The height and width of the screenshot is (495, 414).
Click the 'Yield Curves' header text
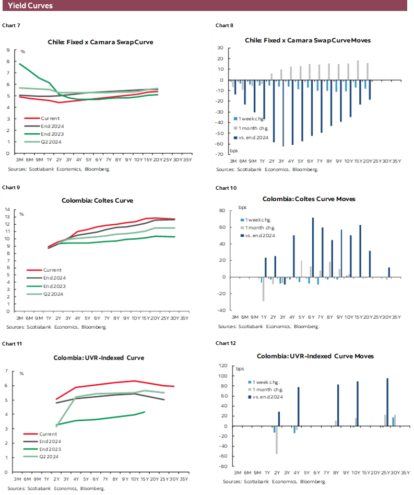(30, 6)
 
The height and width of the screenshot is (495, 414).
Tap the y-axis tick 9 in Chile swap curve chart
(8, 50)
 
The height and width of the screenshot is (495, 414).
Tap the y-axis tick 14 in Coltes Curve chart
(8, 210)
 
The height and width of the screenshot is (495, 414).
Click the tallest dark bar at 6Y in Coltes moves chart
(313, 247)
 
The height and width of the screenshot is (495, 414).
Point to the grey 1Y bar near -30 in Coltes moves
(263, 289)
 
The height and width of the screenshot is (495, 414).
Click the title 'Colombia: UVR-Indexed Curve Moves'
(315, 356)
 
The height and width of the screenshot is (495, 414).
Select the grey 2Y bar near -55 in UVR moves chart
(277, 440)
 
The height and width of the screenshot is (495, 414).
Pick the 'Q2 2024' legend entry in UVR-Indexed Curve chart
(51, 456)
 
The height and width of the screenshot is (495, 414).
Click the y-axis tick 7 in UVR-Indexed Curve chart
(7, 371)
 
